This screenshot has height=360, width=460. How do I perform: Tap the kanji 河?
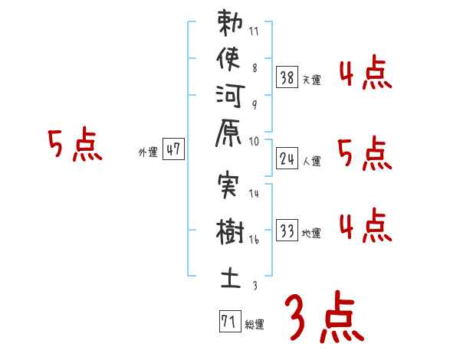pos(230,102)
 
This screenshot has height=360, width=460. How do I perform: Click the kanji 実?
pos(230,187)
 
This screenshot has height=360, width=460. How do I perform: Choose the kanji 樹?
pos(230,231)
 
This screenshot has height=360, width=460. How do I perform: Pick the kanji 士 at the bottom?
pos(230,276)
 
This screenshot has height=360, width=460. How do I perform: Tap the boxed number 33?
pos(287,230)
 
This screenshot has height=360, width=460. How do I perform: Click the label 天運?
pos(312,80)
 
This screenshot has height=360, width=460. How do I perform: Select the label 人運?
pos(312,161)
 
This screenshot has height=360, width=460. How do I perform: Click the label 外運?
pos(147,152)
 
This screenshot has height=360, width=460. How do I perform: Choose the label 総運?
pos(255,324)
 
